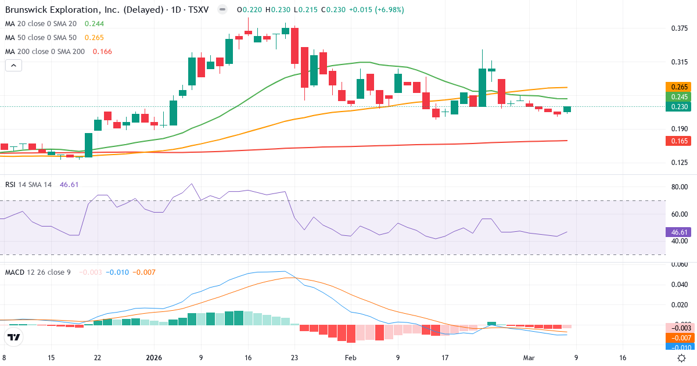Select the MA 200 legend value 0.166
click(x=98, y=52)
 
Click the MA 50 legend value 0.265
click(x=94, y=38)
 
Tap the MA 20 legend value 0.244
click(x=94, y=24)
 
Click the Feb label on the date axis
click(x=350, y=358)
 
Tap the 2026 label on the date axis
click(x=154, y=358)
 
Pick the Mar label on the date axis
click(x=529, y=358)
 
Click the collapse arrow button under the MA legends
click(x=13, y=65)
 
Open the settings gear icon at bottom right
click(x=682, y=358)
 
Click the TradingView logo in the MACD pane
click(x=14, y=337)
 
